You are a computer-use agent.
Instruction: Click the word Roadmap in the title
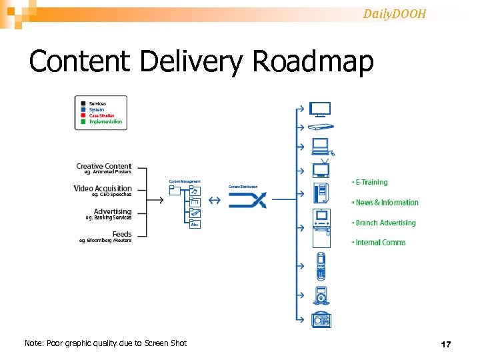click(313, 62)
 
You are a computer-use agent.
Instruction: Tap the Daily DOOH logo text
click(395, 13)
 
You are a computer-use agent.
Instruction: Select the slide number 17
click(446, 344)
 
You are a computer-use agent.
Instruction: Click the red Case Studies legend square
click(83, 116)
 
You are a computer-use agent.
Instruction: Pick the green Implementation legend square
click(83, 122)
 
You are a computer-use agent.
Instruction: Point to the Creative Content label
click(104, 166)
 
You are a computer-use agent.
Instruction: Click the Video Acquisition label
click(103, 189)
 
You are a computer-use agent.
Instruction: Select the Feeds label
click(122, 234)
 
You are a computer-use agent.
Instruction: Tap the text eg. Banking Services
click(109, 217)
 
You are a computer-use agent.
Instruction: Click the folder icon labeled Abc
click(195, 224)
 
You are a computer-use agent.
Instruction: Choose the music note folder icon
click(195, 191)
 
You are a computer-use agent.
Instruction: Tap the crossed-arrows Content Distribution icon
click(248, 200)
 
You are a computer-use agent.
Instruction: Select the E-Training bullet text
click(371, 182)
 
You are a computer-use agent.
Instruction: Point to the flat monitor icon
click(321, 108)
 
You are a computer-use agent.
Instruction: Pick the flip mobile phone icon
click(321, 265)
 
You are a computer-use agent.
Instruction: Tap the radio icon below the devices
click(321, 321)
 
